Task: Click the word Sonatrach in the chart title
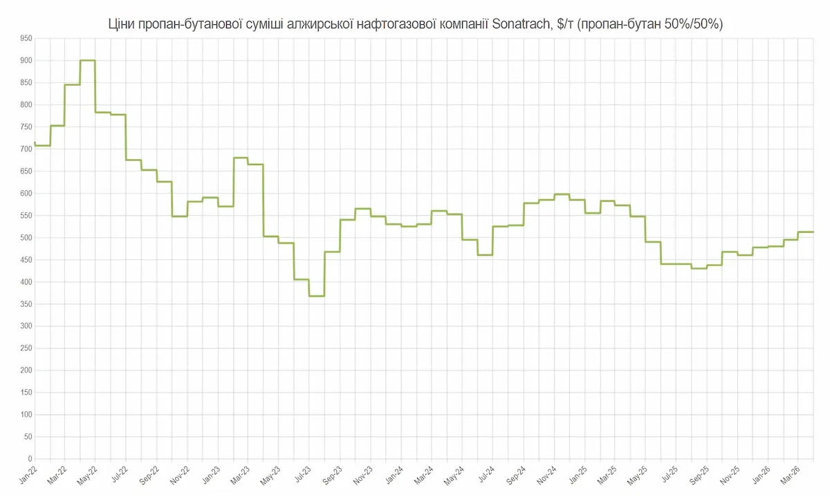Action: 524,25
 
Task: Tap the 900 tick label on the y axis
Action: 26,61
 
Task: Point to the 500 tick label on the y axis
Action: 26,238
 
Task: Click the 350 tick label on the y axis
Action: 26,304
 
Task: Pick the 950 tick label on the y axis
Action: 26,39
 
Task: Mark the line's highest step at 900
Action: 87,60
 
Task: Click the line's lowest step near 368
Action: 317,296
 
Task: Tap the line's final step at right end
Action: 806,232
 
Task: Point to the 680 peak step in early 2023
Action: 241,158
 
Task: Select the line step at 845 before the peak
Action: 72,84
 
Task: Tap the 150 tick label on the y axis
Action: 26,393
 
